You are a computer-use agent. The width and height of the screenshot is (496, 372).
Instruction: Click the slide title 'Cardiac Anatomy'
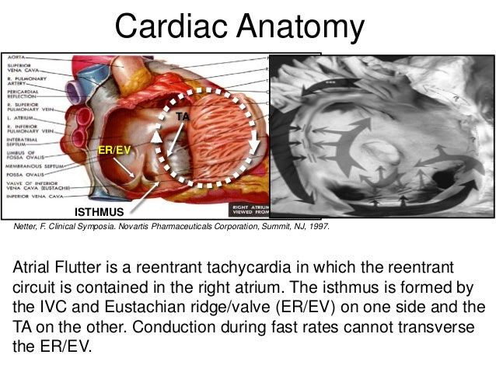(x=240, y=28)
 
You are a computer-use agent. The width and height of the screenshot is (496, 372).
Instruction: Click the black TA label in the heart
(x=184, y=115)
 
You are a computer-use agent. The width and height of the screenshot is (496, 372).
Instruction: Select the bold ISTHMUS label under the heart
(x=99, y=211)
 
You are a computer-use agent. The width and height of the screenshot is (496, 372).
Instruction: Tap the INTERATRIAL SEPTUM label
(x=23, y=141)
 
